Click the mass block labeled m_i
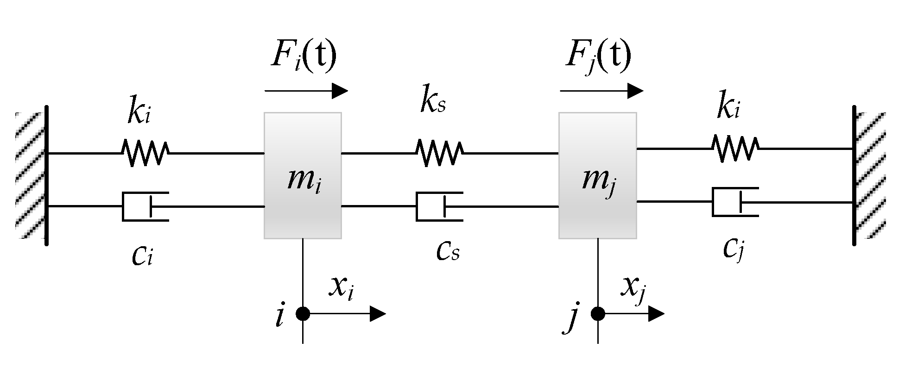point(303,176)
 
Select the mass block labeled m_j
point(597,176)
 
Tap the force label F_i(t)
point(304,56)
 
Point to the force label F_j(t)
point(598,56)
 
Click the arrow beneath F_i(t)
point(306,91)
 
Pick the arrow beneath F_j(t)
point(601,91)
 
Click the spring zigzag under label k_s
point(439,153)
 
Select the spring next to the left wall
point(145,153)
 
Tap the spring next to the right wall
point(735,149)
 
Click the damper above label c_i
point(145,206)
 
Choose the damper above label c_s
point(439,206)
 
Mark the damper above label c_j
point(735,202)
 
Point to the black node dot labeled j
point(598,314)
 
